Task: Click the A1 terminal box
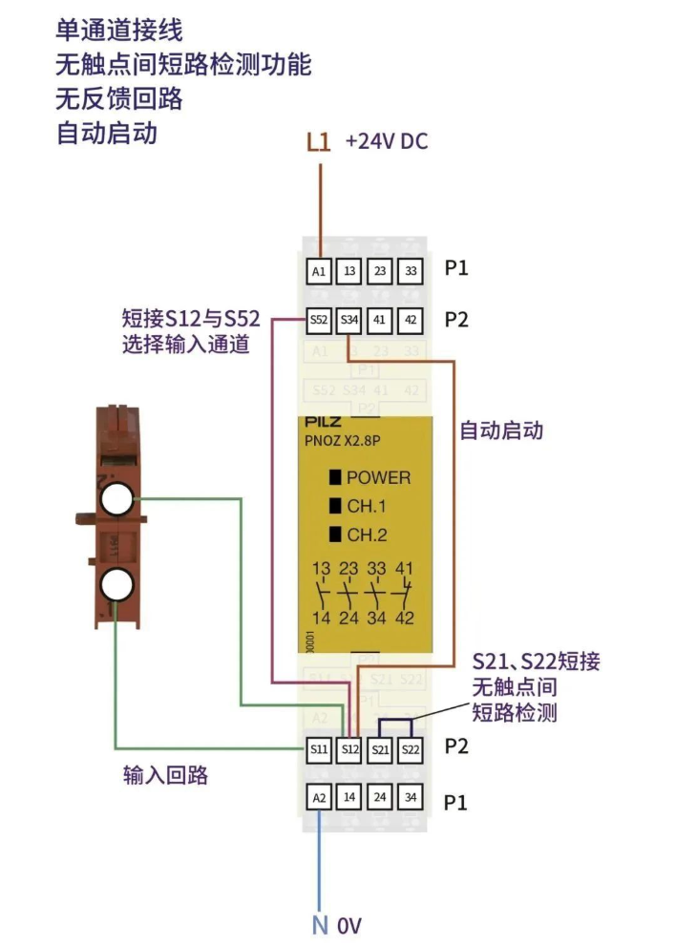pyautogui.click(x=320, y=271)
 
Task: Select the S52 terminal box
pyautogui.click(x=320, y=321)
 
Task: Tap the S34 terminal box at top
pyautogui.click(x=349, y=321)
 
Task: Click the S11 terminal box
pyautogui.click(x=320, y=749)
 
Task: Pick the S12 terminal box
pyautogui.click(x=349, y=749)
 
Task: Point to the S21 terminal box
pyautogui.click(x=380, y=749)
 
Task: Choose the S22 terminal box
pyautogui.click(x=411, y=749)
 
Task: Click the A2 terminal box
pyautogui.click(x=320, y=796)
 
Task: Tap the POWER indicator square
pyautogui.click(x=335, y=477)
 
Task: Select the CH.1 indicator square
pyautogui.click(x=335, y=506)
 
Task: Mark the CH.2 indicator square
pyautogui.click(x=335, y=535)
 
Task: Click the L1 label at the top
pyautogui.click(x=319, y=142)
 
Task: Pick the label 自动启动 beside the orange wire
pyautogui.click(x=501, y=430)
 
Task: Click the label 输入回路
pyautogui.click(x=165, y=775)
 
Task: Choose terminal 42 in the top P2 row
pyautogui.click(x=411, y=321)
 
